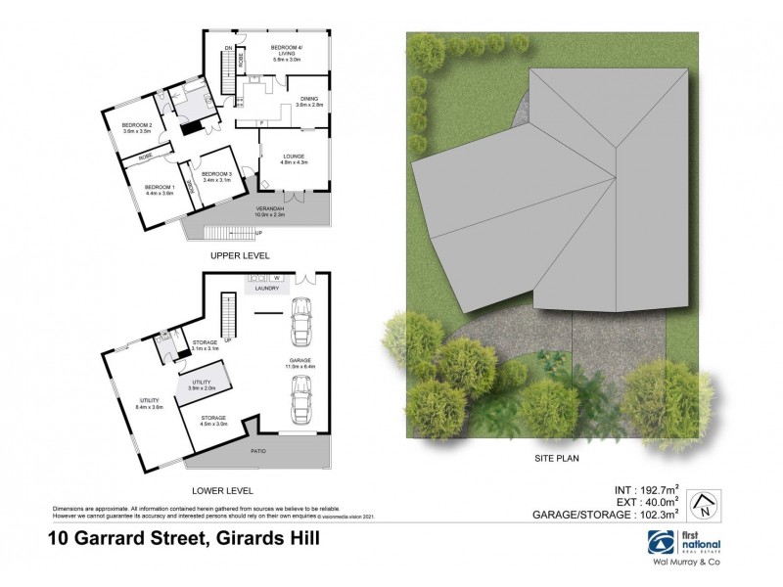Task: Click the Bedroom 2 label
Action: pyautogui.click(x=136, y=126)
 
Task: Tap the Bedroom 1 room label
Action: pyautogui.click(x=159, y=187)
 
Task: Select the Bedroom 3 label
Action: pyautogui.click(x=215, y=174)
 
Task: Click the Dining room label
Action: pyautogui.click(x=309, y=99)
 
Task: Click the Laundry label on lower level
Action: pyautogui.click(x=267, y=289)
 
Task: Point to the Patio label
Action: pyautogui.click(x=258, y=451)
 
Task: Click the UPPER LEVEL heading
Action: pyautogui.click(x=240, y=255)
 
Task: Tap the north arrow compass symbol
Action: pyautogui.click(x=701, y=505)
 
